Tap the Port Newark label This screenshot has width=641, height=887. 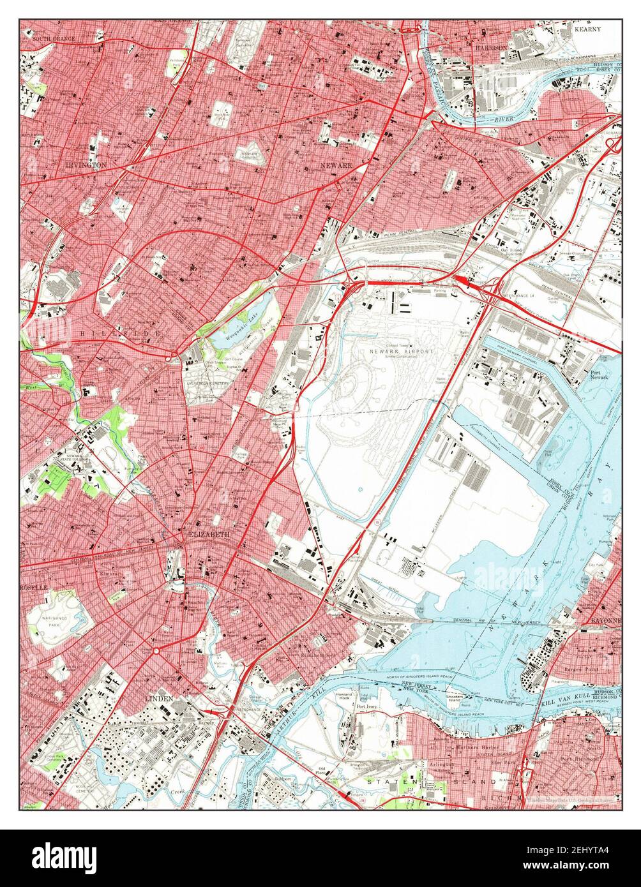[x=599, y=374]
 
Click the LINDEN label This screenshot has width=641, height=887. [x=156, y=699]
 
